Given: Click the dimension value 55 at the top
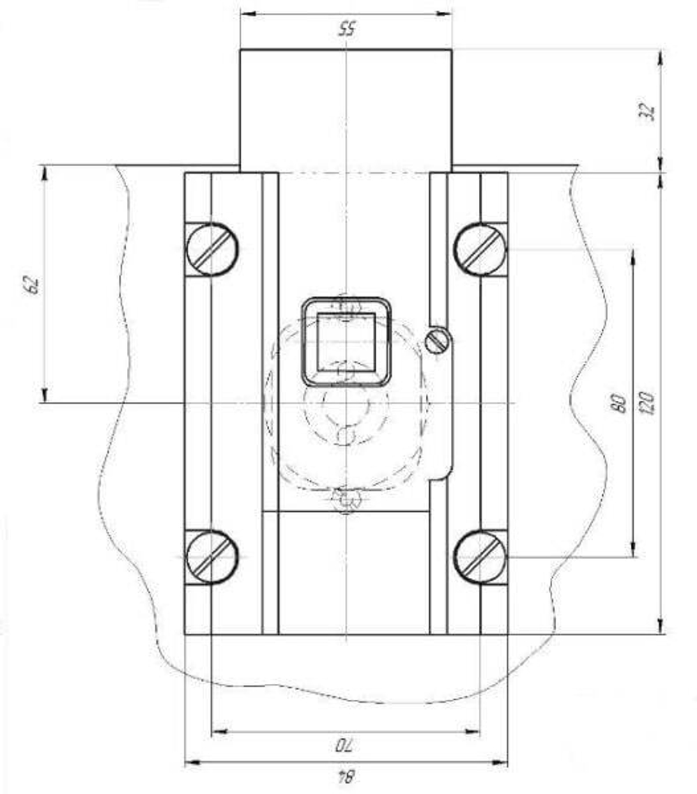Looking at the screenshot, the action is click(346, 29).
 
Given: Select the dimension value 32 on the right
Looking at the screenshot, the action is click(648, 111).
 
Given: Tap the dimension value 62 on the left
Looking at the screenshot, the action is click(31, 286).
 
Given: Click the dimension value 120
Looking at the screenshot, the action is click(648, 403).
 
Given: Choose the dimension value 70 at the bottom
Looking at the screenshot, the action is click(346, 745).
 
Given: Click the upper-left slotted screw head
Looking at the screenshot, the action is click(212, 249).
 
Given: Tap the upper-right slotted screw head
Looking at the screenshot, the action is click(480, 249).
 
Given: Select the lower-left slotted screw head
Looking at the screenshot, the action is click(212, 556).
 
